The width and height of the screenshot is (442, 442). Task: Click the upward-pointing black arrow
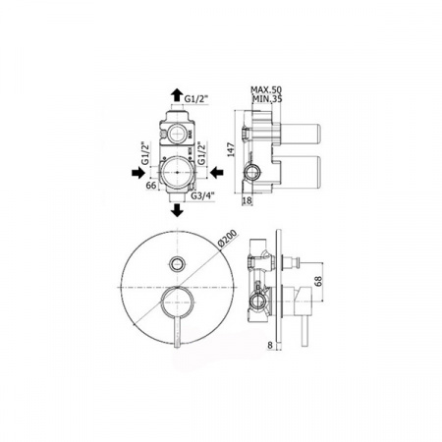(x=177, y=94)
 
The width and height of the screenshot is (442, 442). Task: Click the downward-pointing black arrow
(x=177, y=210)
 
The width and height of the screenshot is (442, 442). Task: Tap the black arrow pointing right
(x=138, y=172)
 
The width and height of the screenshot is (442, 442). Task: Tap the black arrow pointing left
(x=216, y=172)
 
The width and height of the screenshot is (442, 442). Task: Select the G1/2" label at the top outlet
(x=196, y=98)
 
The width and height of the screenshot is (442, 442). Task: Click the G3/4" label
(x=202, y=195)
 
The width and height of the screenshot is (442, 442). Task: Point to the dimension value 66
(x=151, y=186)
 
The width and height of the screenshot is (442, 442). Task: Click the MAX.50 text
(x=266, y=89)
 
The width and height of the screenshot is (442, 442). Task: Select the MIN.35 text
(x=267, y=98)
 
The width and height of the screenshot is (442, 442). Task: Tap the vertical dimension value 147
(x=231, y=149)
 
